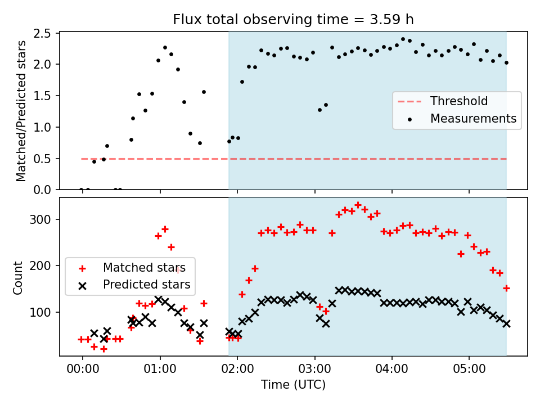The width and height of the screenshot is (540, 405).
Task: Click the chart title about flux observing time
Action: click(x=293, y=20)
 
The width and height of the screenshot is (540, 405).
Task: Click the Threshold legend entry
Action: click(x=443, y=101)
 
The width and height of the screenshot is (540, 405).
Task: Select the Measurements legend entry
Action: click(x=461, y=119)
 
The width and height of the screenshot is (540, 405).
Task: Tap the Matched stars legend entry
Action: click(x=132, y=268)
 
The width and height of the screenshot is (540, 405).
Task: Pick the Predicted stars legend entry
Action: click(x=134, y=285)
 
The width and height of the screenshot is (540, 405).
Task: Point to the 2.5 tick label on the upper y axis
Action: click(x=42, y=33)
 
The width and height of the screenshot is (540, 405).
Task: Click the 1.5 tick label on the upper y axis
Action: click(x=42, y=96)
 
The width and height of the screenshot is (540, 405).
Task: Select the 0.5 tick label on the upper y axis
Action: click(x=42, y=159)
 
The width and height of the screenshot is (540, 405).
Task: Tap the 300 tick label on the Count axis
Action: click(x=40, y=220)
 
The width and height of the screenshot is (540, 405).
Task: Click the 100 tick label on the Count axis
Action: click(x=40, y=312)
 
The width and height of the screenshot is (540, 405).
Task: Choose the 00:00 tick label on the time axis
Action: click(x=83, y=369)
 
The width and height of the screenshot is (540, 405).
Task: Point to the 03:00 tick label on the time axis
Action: click(x=315, y=369)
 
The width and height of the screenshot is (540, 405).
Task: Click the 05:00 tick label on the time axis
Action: click(x=469, y=369)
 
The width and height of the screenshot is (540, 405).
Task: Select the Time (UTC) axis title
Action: click(x=293, y=384)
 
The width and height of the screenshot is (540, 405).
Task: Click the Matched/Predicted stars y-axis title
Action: click(x=21, y=111)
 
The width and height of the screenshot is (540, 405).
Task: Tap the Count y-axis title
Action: click(x=17, y=278)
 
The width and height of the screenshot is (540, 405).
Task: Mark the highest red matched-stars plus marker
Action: click(x=358, y=205)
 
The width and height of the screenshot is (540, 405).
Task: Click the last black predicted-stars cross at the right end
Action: click(x=506, y=324)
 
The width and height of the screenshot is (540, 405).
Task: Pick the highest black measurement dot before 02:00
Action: click(x=165, y=47)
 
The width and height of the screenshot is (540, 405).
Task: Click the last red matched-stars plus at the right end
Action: click(x=506, y=288)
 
